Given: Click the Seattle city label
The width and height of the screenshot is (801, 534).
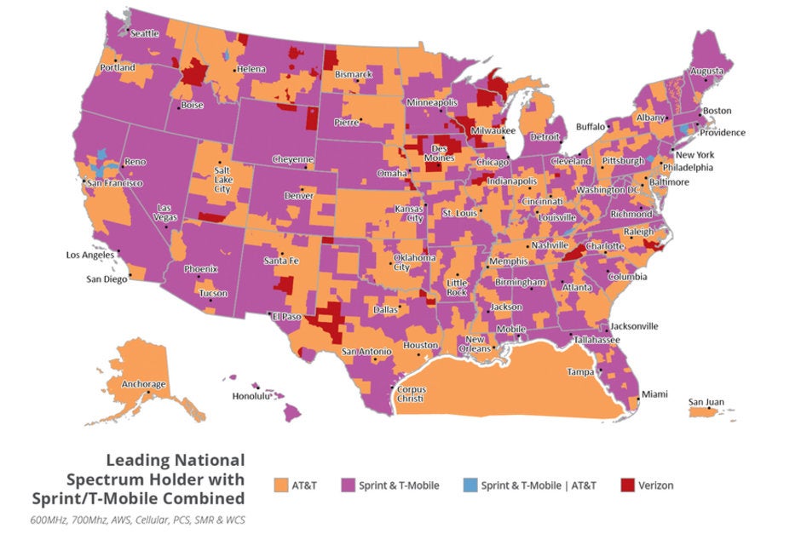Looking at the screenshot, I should point(145,33).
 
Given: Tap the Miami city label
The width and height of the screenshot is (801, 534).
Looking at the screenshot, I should point(654,394).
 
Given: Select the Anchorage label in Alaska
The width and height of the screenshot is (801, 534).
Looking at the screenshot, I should point(143,384).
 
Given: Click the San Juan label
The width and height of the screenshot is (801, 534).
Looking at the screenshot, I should point(706,402).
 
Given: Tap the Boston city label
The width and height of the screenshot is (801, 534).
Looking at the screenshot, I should point(717,111).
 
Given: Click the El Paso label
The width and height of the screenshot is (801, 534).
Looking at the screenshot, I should point(286,316).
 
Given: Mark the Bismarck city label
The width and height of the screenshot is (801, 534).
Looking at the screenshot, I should point(353,74).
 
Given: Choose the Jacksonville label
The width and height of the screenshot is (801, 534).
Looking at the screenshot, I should point(634,325).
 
